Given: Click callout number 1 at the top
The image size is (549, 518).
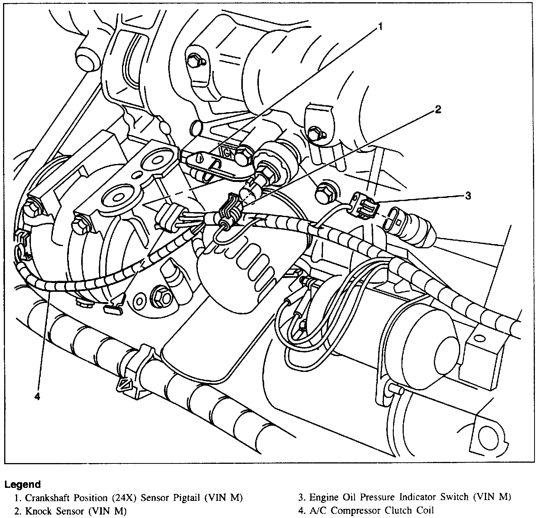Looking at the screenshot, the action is [379, 26].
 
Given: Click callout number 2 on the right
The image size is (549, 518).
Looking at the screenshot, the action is [438, 110].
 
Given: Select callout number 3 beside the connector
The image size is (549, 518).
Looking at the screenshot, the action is [468, 196].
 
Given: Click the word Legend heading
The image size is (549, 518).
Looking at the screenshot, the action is [22, 484].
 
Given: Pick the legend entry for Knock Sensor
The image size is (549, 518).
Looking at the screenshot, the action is [71, 511].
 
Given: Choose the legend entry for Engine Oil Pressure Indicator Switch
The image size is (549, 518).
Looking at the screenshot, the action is [405, 497].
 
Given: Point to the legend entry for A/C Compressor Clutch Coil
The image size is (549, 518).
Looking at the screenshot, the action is [366, 510].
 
